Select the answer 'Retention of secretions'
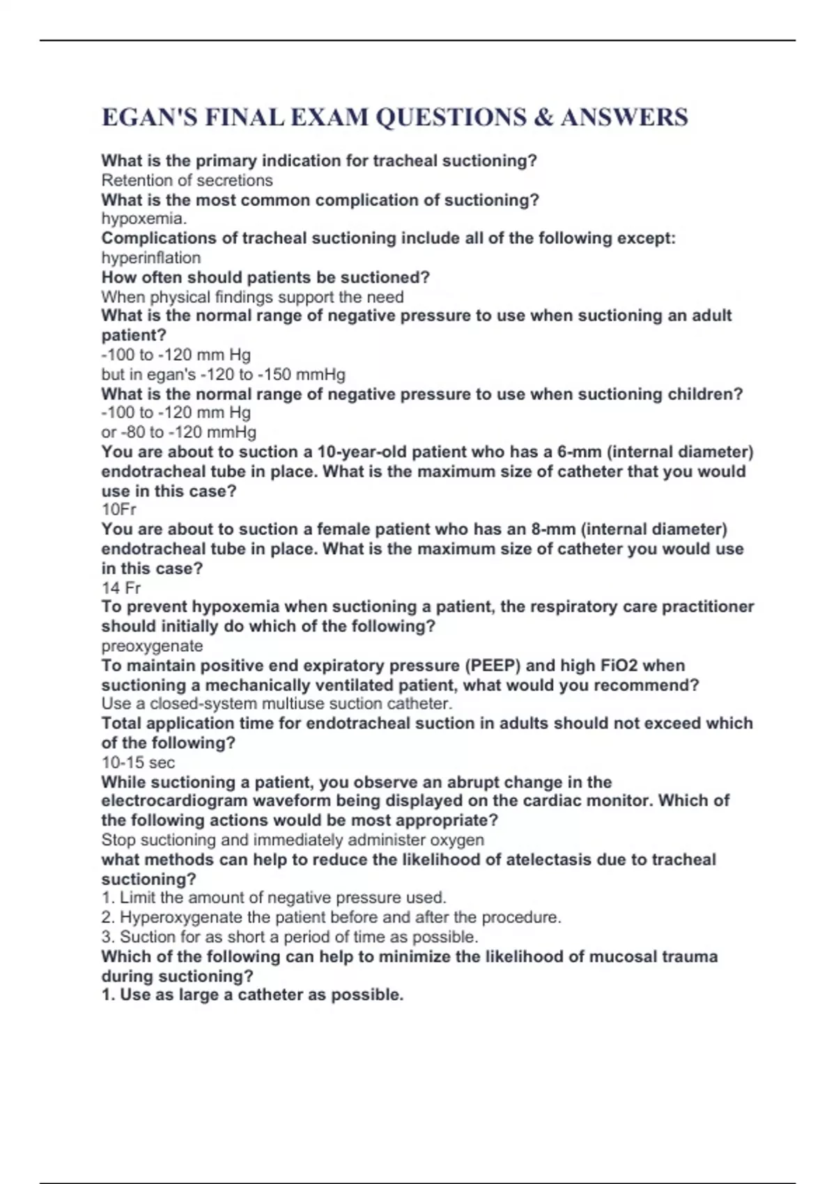coord(187,180)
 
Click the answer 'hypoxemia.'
coord(144,219)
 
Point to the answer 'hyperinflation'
coord(150,258)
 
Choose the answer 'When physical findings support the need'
coord(252,297)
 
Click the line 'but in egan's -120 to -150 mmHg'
coord(223,375)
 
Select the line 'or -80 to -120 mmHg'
coord(178,432)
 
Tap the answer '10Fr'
coord(118,509)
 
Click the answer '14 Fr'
coord(121,587)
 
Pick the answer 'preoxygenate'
coord(152,646)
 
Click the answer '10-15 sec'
coord(138,762)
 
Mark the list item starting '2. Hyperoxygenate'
coord(331,917)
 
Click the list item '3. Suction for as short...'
coord(289,937)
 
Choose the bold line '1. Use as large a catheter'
coord(252,995)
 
